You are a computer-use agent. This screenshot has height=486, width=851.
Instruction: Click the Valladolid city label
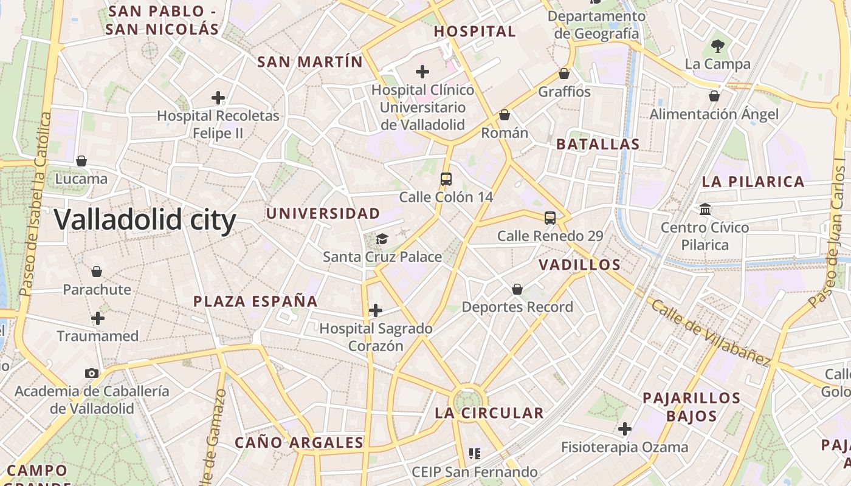click(145, 219)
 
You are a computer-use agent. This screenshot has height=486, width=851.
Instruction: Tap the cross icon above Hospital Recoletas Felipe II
click(218, 97)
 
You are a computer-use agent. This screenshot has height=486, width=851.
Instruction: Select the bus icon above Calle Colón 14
click(446, 179)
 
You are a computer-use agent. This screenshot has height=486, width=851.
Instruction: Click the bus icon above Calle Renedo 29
click(550, 217)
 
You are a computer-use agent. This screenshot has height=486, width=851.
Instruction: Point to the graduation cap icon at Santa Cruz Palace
click(382, 239)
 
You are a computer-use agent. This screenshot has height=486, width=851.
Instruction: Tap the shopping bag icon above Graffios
click(564, 74)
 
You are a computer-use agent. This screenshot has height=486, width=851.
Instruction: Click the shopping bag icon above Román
click(504, 114)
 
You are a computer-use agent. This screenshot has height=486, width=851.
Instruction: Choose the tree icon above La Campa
click(717, 46)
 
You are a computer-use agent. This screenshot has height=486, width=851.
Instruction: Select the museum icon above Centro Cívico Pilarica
click(705, 209)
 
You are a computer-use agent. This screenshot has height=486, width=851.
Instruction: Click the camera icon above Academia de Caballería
click(92, 373)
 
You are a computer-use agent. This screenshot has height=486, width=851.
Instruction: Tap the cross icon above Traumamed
click(98, 318)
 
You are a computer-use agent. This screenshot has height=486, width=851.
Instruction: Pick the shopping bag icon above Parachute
click(97, 271)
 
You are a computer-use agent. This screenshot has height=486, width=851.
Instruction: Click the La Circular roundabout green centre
click(467, 400)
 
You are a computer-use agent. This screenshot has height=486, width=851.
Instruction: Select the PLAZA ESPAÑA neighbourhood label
click(255, 301)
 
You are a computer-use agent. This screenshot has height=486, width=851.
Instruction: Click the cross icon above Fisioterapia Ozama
click(625, 429)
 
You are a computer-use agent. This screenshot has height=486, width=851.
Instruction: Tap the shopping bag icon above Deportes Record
click(517, 289)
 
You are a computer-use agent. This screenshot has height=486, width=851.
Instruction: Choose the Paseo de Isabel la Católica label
click(35, 204)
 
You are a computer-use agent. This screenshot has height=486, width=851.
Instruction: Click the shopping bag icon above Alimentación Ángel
click(714, 96)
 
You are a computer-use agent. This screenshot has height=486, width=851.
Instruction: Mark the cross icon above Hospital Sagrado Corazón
click(376, 310)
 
